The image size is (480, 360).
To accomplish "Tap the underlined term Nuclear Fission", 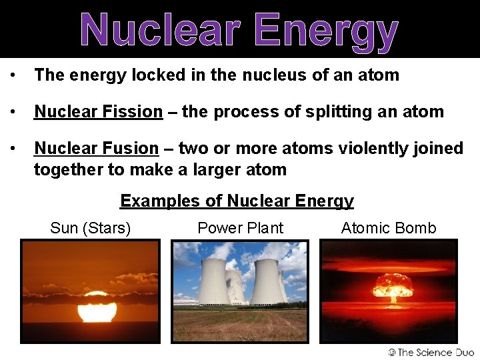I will point(98,111).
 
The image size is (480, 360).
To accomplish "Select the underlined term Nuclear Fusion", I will point(96,148).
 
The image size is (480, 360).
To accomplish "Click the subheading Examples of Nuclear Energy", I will point(237,201).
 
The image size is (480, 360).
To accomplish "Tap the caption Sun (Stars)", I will point(90,228).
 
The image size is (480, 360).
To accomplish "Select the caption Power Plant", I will point(240,228).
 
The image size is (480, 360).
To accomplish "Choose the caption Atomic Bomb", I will point(389,228).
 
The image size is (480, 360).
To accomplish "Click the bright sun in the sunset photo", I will point(97,307).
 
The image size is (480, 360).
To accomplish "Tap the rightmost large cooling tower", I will point(265,281).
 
